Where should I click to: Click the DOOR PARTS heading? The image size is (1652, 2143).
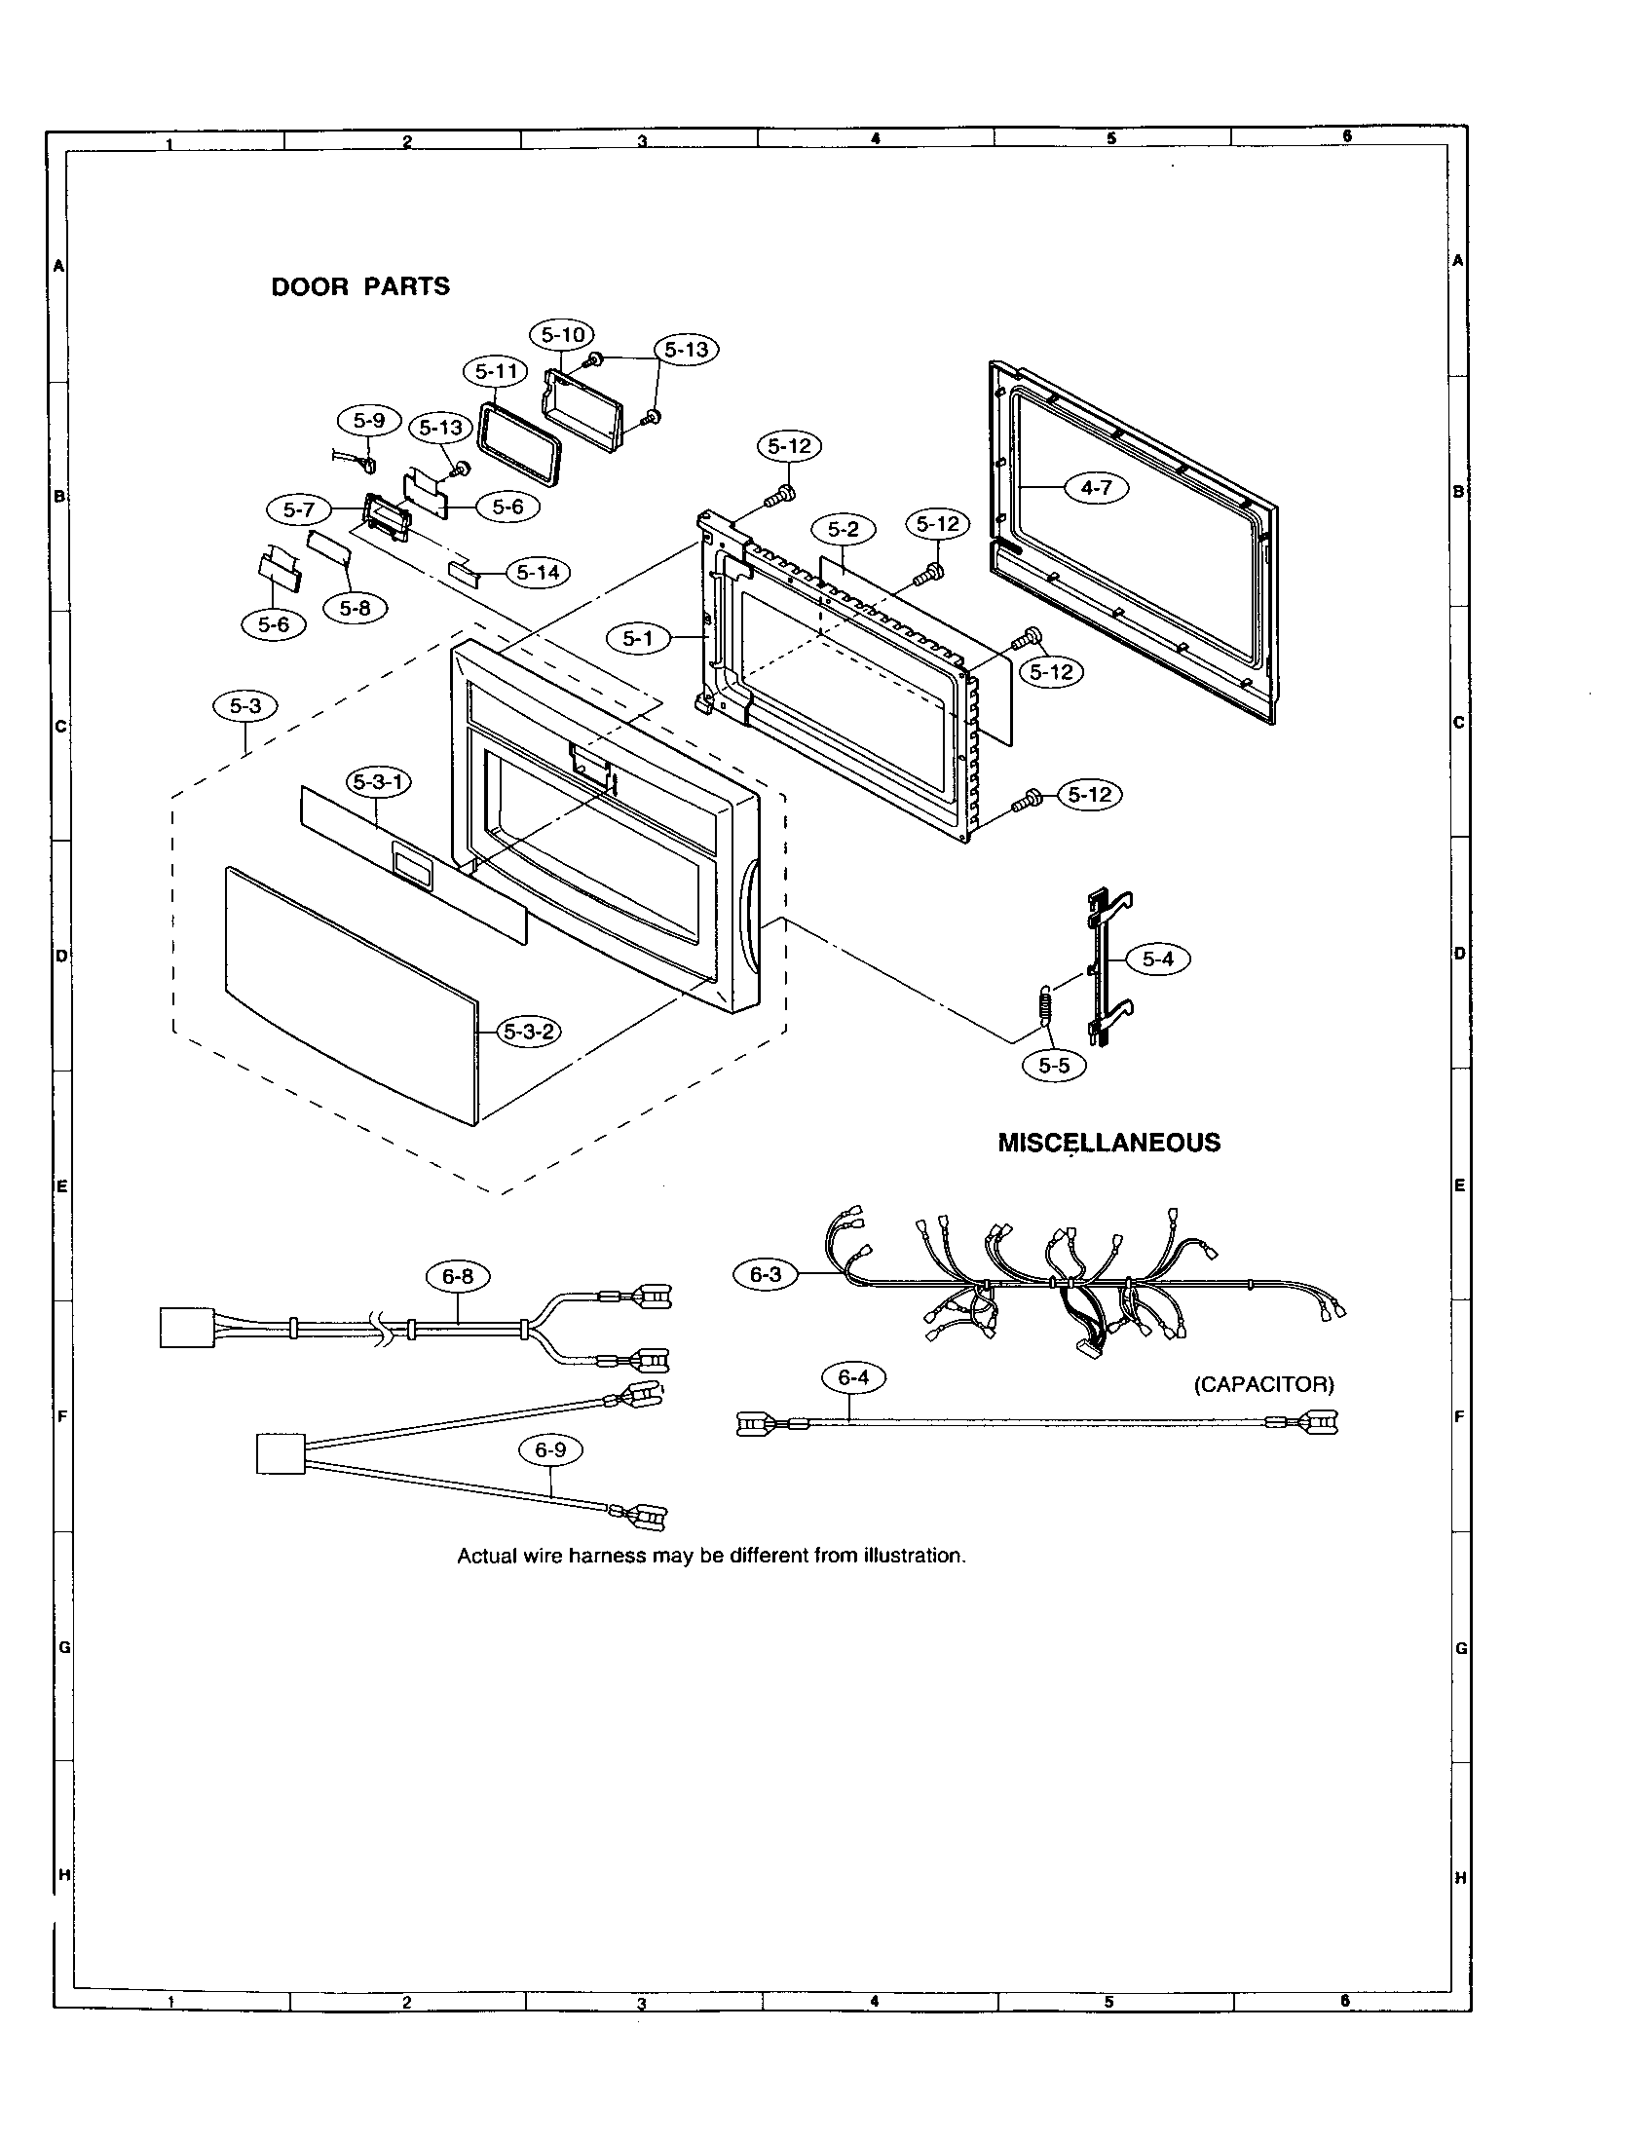coord(360,286)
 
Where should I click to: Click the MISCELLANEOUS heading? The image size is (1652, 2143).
coord(1108,1143)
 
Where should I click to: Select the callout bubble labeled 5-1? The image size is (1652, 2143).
coord(637,639)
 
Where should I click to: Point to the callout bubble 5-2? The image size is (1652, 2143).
coord(843,530)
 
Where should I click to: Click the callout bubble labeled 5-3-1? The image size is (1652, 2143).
coord(379,782)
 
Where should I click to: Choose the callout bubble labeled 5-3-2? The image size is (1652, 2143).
coord(529,1032)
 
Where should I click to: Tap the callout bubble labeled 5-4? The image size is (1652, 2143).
coord(1157,959)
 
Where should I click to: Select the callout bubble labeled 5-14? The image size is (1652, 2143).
coord(538,572)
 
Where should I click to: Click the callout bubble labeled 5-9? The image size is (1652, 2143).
coord(369,421)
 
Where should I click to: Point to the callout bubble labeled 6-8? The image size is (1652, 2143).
coord(457,1276)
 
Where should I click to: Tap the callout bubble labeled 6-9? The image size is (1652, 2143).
coord(550,1450)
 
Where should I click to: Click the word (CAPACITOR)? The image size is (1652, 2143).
coord(1263,1384)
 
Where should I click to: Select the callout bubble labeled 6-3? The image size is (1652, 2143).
coord(766,1275)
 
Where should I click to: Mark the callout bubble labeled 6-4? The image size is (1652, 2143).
coord(852,1378)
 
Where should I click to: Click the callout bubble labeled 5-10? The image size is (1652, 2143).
coord(563,334)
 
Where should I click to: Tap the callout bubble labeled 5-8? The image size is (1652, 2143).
coord(356,608)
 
